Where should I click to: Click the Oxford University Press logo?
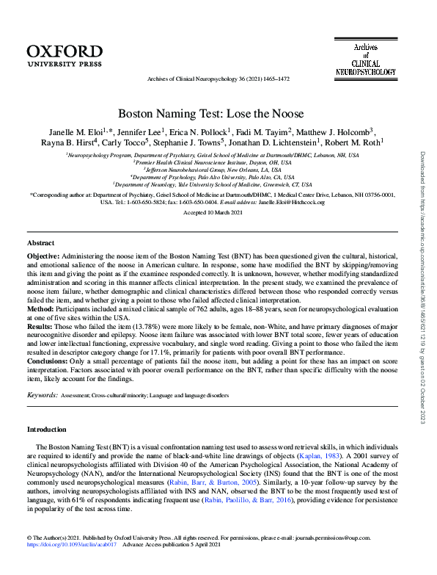(x=65, y=56)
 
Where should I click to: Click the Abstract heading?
(x=40, y=242)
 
